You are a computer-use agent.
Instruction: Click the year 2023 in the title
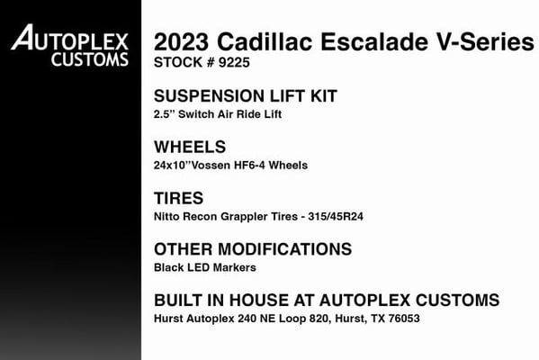(x=181, y=42)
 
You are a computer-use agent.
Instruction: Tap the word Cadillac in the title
(x=265, y=42)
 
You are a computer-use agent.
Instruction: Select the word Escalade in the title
(x=374, y=42)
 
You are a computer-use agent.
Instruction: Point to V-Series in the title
(x=485, y=42)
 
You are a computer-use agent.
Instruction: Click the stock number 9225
(x=234, y=63)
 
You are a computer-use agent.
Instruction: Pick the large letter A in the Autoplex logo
(x=22, y=37)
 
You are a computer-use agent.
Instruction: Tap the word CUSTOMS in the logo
(x=90, y=59)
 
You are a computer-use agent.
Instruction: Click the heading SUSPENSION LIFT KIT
(x=246, y=96)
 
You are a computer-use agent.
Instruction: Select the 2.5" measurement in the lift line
(x=165, y=114)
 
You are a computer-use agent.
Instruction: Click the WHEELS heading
(x=190, y=148)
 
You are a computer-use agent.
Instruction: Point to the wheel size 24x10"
(x=172, y=165)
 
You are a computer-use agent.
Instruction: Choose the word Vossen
(x=211, y=166)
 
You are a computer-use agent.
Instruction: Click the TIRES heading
(x=179, y=198)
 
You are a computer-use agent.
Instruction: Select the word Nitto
(x=166, y=217)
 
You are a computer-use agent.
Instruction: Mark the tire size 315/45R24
(x=336, y=217)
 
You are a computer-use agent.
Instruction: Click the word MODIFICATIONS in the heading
(x=284, y=249)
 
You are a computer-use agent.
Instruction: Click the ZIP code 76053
(x=404, y=319)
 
